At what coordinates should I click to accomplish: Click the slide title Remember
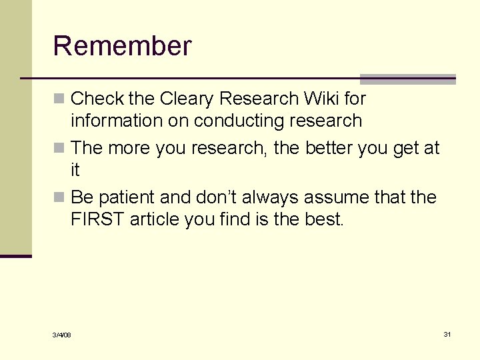122,46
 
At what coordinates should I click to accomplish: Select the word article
154,220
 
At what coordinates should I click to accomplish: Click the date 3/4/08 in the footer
62,335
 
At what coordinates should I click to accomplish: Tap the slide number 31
447,334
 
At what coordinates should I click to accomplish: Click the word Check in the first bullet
97,99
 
